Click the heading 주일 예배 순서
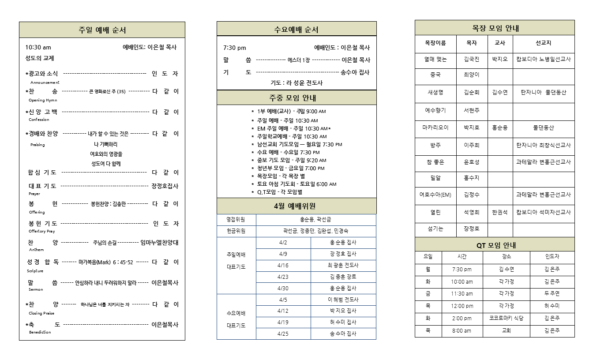point(102,30)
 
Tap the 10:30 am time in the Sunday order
point(38,47)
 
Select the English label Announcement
point(45,82)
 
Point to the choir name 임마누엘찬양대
point(159,242)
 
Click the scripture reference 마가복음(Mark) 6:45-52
point(106,262)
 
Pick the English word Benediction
point(40,332)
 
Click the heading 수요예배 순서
point(296,30)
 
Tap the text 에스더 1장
point(299,60)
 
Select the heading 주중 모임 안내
point(296,97)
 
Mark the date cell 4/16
point(283,265)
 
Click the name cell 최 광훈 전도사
point(343,265)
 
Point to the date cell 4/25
point(283,334)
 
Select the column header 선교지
point(543,43)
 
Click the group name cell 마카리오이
point(435,127)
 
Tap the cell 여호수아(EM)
point(435,195)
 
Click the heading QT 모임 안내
point(494,245)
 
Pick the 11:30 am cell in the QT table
point(462,293)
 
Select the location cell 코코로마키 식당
point(506,318)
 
